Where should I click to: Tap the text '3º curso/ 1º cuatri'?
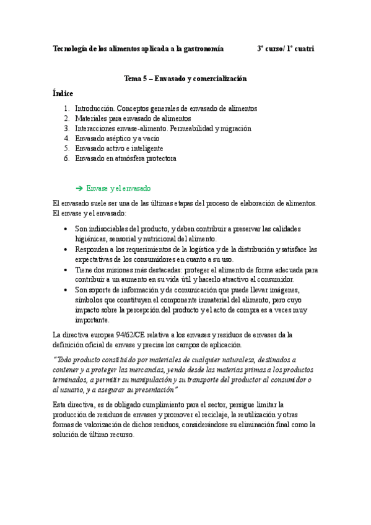(x=286, y=48)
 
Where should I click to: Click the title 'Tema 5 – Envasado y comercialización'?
(x=185, y=79)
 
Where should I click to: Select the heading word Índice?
(x=63, y=93)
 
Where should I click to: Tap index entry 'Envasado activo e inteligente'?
(x=118, y=149)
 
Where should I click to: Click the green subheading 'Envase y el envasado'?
(x=119, y=188)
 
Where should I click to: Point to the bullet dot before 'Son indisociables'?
(x=66, y=229)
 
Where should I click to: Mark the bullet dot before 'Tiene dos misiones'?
(x=66, y=270)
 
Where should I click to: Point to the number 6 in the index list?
(x=66, y=158)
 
